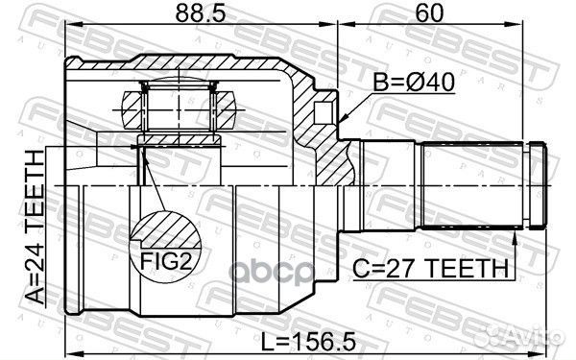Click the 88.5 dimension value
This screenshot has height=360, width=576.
click(201, 13)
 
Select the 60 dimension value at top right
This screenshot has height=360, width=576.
click(429, 13)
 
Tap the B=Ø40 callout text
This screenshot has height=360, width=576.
click(414, 82)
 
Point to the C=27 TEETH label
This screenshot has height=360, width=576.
click(430, 268)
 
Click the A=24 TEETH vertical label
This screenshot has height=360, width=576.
click(36, 228)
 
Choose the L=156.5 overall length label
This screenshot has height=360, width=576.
click(308, 341)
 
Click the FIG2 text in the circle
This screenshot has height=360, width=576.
click(166, 261)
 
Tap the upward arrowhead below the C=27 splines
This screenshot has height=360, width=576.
click(515, 238)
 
